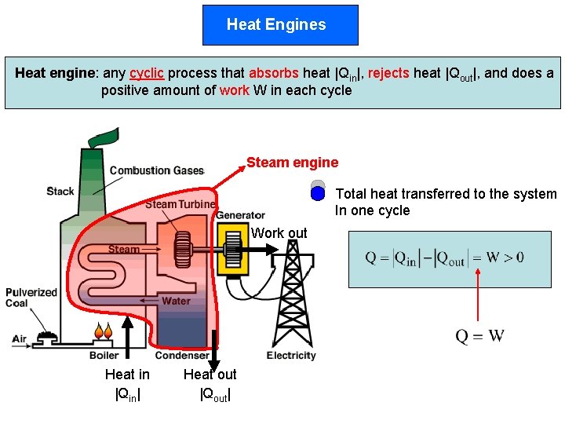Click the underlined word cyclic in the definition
(x=147, y=73)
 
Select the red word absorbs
(x=274, y=73)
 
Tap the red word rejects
(x=388, y=73)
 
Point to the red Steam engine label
(x=292, y=163)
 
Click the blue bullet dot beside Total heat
(x=318, y=193)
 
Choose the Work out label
(x=279, y=233)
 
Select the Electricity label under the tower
(x=291, y=356)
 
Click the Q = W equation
(x=480, y=336)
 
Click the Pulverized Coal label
(x=31, y=298)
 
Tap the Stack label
(x=60, y=191)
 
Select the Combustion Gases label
(x=157, y=170)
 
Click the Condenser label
(x=181, y=356)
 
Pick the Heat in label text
(x=127, y=375)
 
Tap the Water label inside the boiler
(x=176, y=301)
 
